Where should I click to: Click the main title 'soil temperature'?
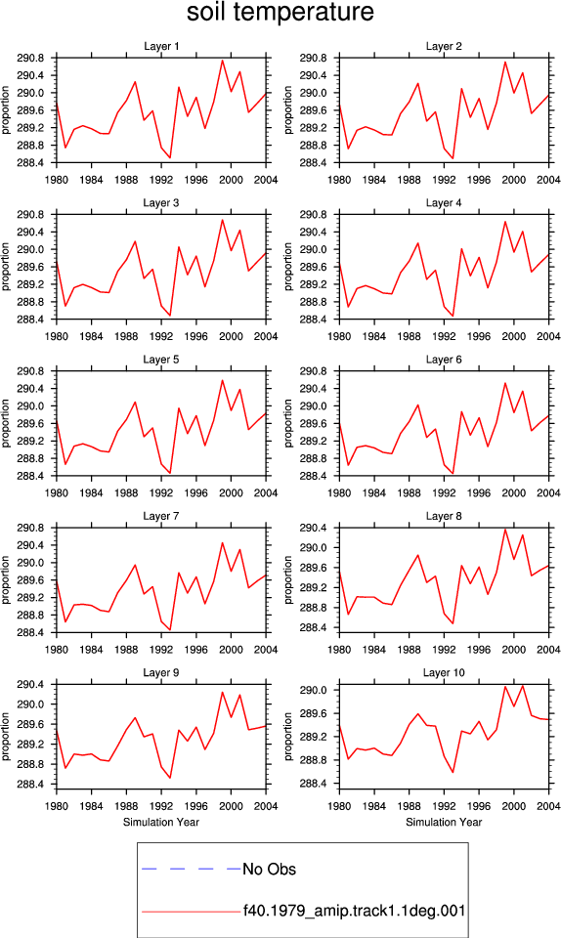(x=280, y=12)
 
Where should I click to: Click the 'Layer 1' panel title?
(x=161, y=46)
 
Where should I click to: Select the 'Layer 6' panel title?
(x=444, y=360)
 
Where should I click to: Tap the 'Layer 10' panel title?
(x=444, y=673)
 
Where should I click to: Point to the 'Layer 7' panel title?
(x=161, y=516)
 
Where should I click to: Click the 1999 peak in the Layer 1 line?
(x=222, y=60)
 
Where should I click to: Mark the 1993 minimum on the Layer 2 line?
(x=453, y=158)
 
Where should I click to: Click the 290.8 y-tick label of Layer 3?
(x=31, y=215)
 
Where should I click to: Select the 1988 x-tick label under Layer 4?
(x=410, y=336)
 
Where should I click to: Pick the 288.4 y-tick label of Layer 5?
(x=31, y=476)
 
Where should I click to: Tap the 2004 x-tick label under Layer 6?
(x=548, y=492)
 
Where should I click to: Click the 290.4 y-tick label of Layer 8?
(x=314, y=529)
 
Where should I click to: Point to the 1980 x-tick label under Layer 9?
(x=57, y=806)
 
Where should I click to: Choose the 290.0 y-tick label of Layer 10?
(x=314, y=691)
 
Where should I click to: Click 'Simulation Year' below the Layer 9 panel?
(x=161, y=823)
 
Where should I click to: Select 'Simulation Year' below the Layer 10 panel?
(x=444, y=823)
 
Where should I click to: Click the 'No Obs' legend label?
(x=269, y=870)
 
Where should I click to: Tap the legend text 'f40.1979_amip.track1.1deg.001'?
(x=354, y=912)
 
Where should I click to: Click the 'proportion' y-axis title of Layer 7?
(x=6, y=579)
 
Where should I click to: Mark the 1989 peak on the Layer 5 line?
(x=135, y=402)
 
